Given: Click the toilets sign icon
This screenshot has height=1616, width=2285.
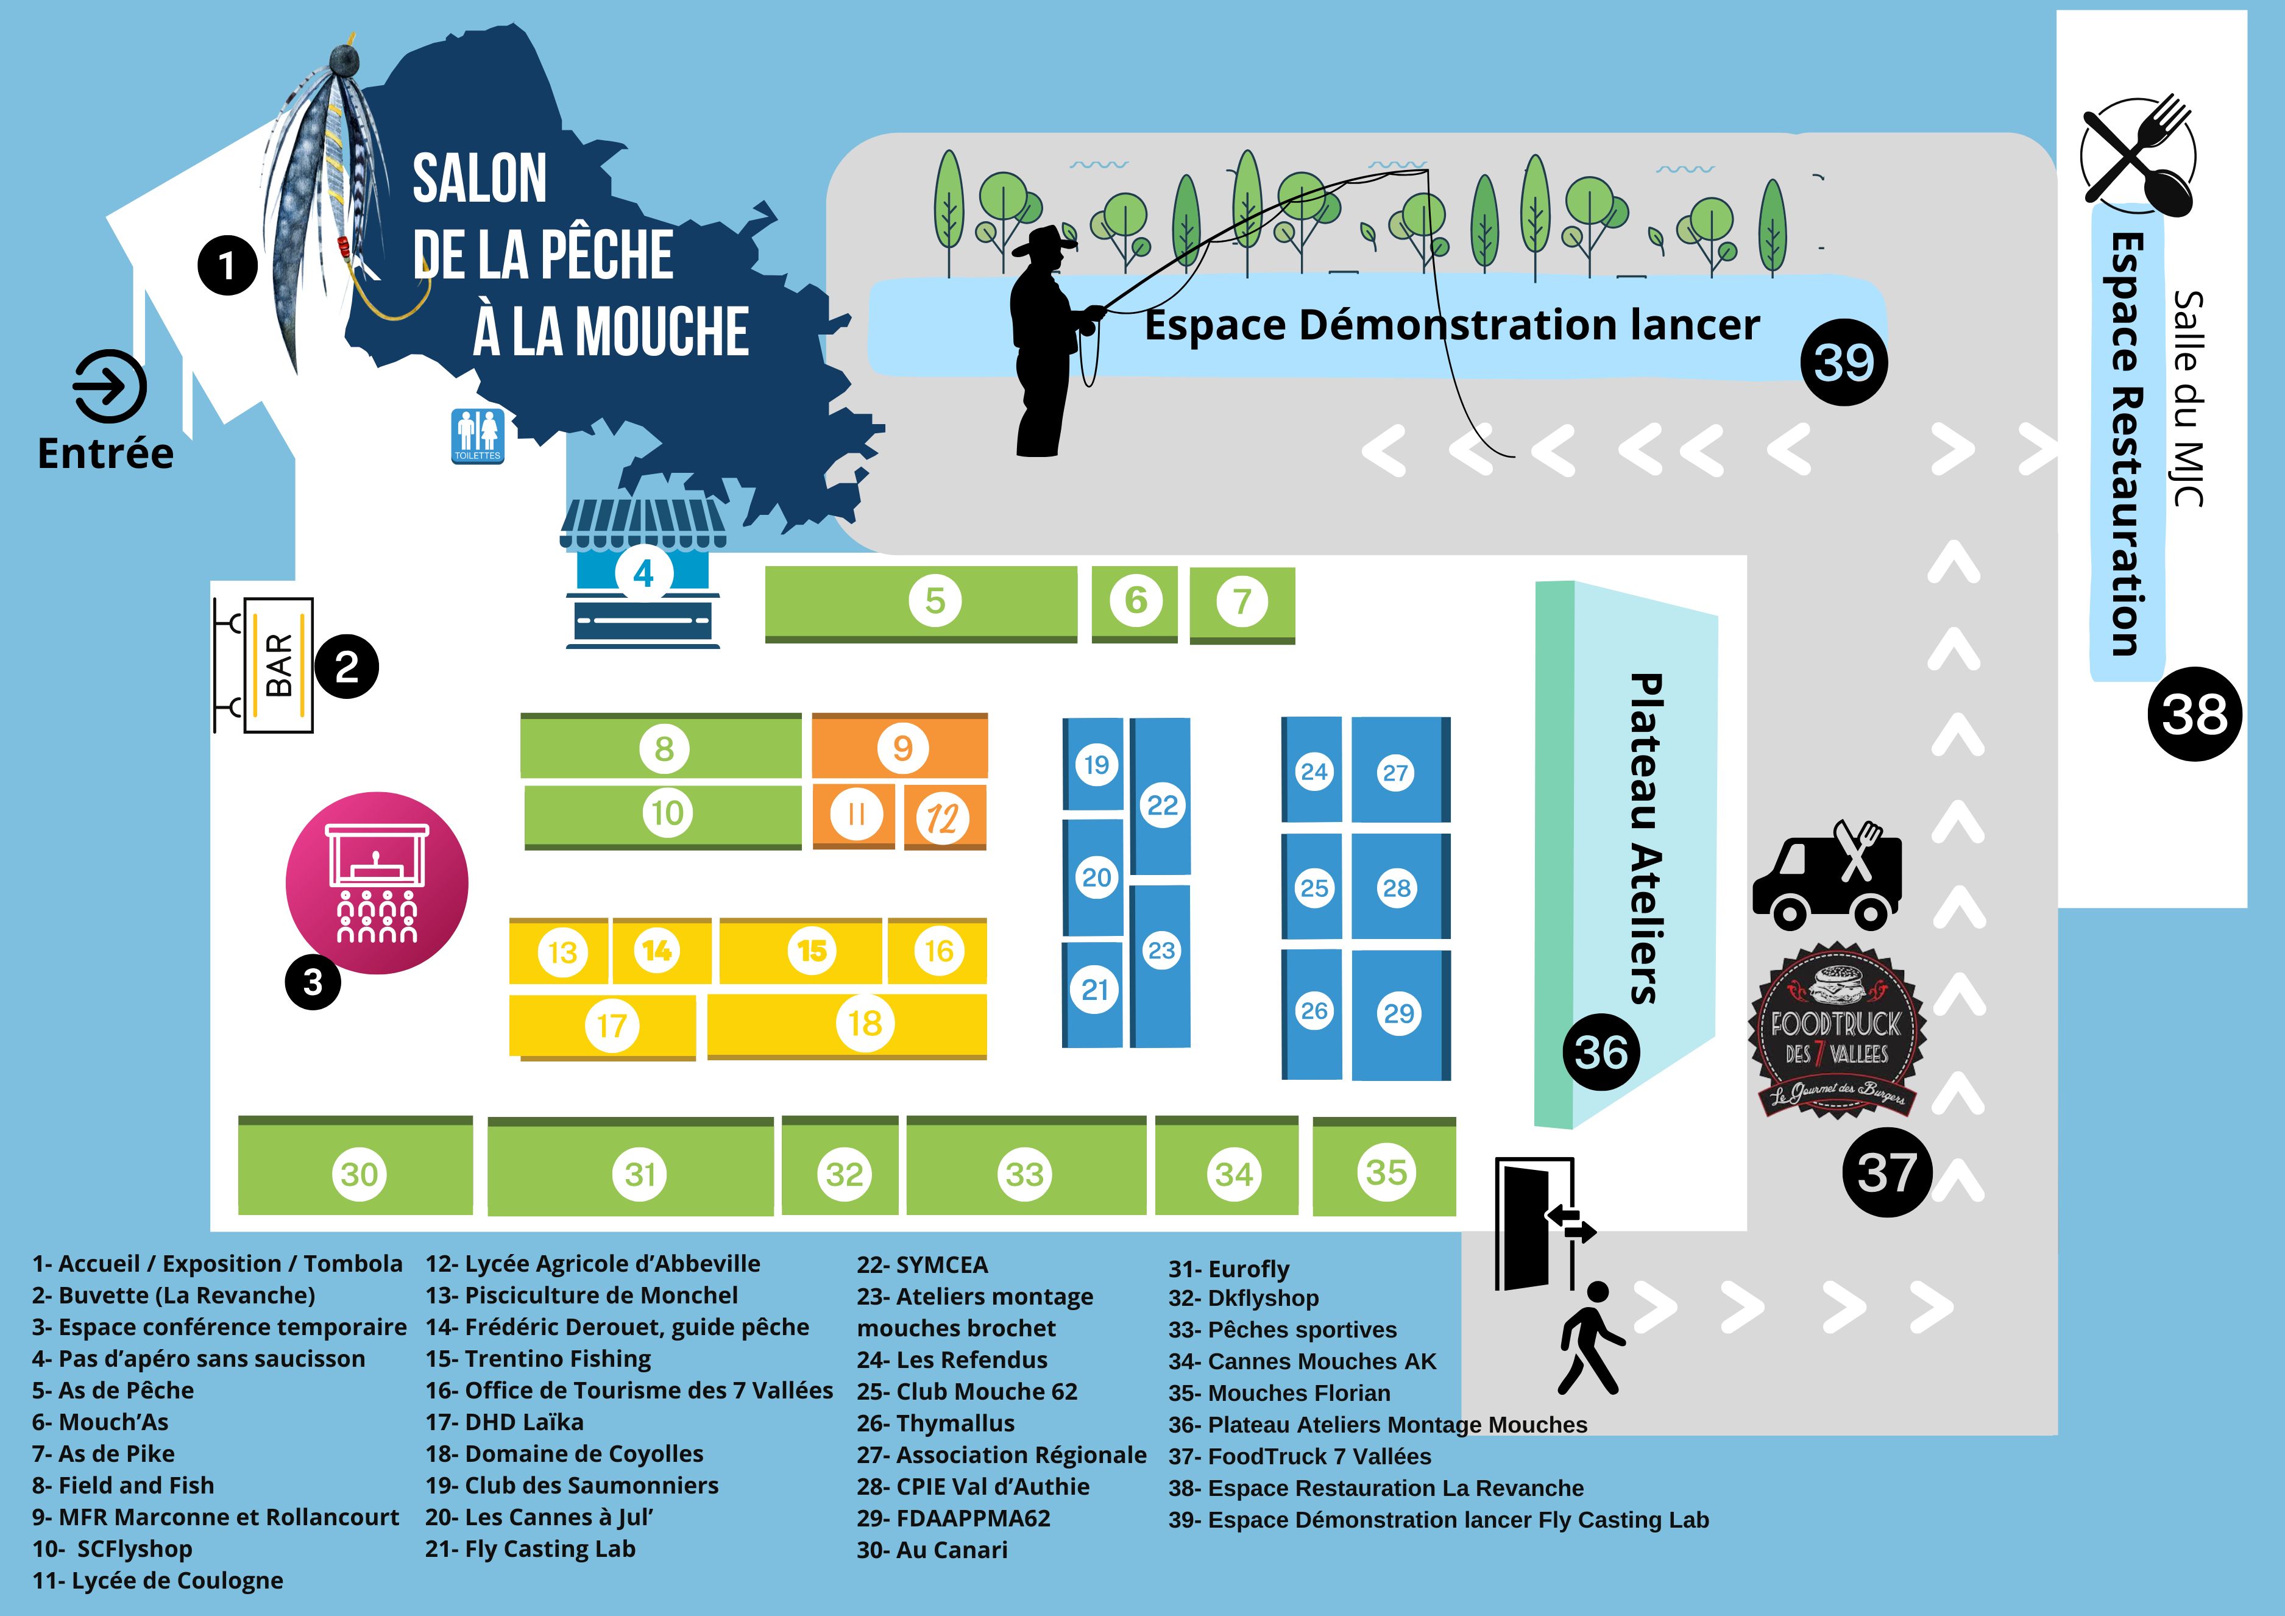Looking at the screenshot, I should click(478, 435).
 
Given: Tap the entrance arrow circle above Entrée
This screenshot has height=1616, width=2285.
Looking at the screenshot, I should click(110, 386).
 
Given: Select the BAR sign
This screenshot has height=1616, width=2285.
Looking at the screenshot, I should click(278, 665).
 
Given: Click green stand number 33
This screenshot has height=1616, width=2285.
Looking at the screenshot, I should click(1025, 1172).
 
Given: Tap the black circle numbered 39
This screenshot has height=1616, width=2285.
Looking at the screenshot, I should click(1843, 362).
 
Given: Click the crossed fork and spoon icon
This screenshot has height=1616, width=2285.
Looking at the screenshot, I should click(2137, 156).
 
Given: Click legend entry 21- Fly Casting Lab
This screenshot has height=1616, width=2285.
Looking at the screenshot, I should click(531, 1550).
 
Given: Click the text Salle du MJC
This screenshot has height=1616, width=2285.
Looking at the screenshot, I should click(2189, 398).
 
